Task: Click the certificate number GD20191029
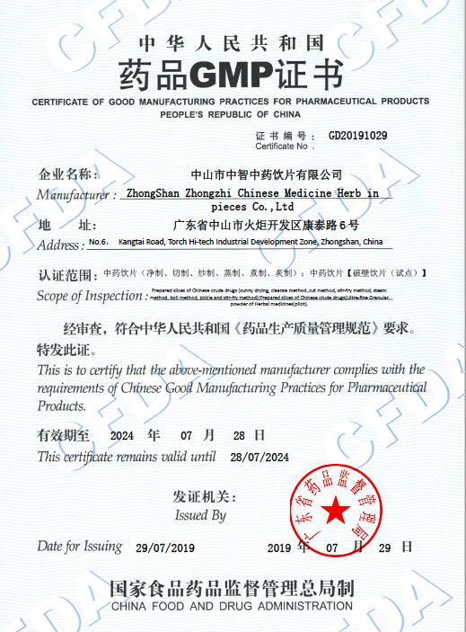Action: click(357, 136)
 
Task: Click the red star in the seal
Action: click(335, 513)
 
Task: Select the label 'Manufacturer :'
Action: click(76, 195)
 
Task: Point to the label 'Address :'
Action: click(60, 245)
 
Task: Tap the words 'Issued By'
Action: click(200, 516)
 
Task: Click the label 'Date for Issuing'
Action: click(79, 547)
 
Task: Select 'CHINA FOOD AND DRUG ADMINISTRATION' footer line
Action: click(232, 608)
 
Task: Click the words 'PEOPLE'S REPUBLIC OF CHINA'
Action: click(231, 116)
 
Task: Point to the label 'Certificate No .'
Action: click(283, 146)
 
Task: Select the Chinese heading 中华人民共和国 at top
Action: click(231, 41)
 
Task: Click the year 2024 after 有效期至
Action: click(121, 435)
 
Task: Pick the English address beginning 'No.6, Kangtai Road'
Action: click(235, 243)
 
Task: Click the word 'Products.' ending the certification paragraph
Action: click(62, 405)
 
